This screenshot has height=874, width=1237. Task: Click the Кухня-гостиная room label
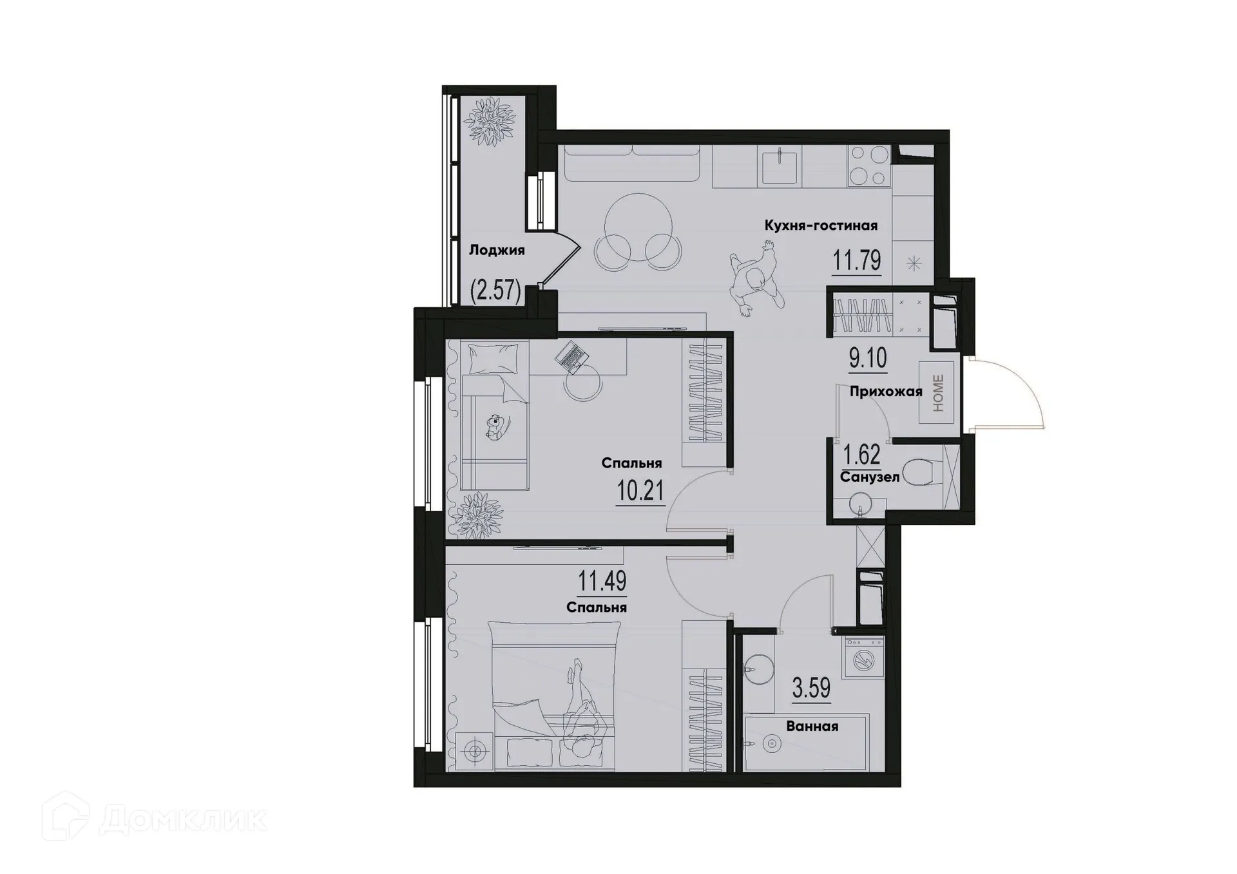[x=821, y=225]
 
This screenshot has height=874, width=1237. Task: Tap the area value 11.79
[x=856, y=261]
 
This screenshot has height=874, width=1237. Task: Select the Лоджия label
[x=496, y=251]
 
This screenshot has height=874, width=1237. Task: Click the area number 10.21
[x=640, y=491]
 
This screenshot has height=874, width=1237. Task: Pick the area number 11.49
[x=602, y=581]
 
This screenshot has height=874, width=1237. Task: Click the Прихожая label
[x=885, y=392]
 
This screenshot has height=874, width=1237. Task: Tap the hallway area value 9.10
[x=868, y=358]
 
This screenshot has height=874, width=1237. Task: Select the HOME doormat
[x=937, y=393]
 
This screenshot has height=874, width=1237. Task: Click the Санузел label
[x=870, y=477]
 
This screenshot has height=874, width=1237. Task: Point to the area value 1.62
[x=862, y=455]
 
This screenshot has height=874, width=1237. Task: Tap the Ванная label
[x=812, y=727]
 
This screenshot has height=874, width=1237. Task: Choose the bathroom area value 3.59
[x=811, y=688]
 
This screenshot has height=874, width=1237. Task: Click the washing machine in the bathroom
[x=863, y=658]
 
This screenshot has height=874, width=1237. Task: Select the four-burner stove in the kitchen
[x=868, y=165]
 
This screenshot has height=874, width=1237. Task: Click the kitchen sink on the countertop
[x=780, y=166]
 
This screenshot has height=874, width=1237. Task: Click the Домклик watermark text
[x=184, y=820]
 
